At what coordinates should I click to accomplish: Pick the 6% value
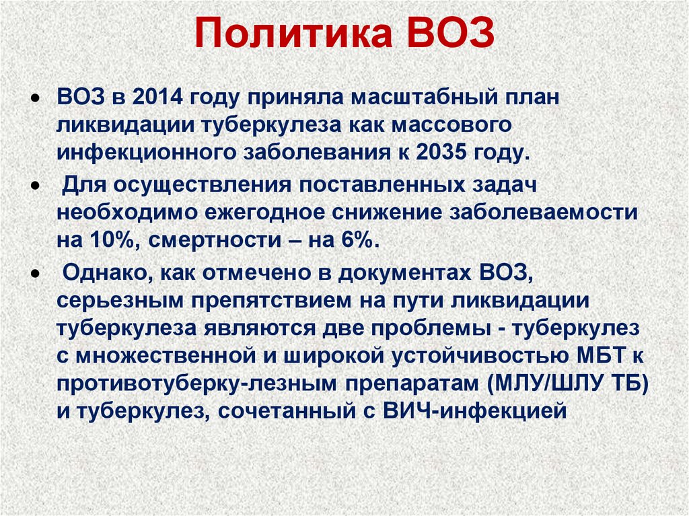(x=363, y=241)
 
